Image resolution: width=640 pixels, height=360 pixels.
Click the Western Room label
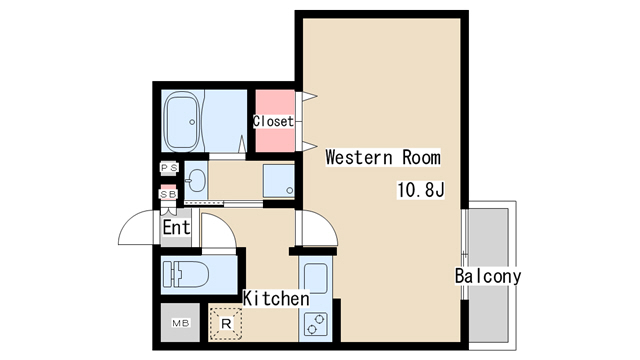click(x=383, y=157)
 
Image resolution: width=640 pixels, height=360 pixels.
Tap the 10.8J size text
click(x=420, y=190)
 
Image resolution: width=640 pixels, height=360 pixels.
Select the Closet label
click(x=273, y=121)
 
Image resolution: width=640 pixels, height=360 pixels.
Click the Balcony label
click(x=488, y=276)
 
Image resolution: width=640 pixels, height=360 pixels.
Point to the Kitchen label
click(x=276, y=298)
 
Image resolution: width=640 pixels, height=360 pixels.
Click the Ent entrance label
click(x=176, y=227)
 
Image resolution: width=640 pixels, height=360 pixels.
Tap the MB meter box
click(x=180, y=323)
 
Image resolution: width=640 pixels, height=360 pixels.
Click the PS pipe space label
click(x=169, y=168)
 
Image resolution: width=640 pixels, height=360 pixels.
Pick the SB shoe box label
click(x=169, y=194)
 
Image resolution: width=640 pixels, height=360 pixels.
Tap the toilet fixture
click(x=186, y=274)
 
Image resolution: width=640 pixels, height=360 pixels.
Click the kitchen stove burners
click(x=316, y=323)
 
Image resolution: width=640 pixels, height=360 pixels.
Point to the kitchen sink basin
click(x=316, y=278)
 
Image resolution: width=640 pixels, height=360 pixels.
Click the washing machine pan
click(x=278, y=181)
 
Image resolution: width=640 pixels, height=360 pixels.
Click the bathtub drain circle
click(x=191, y=122)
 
